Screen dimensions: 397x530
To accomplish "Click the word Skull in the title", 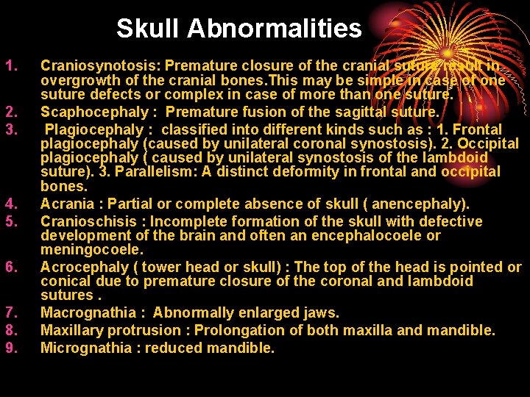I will click(x=148, y=29).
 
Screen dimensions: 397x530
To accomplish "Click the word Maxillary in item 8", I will click(x=73, y=330).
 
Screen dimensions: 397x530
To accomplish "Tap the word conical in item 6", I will click(x=65, y=281).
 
